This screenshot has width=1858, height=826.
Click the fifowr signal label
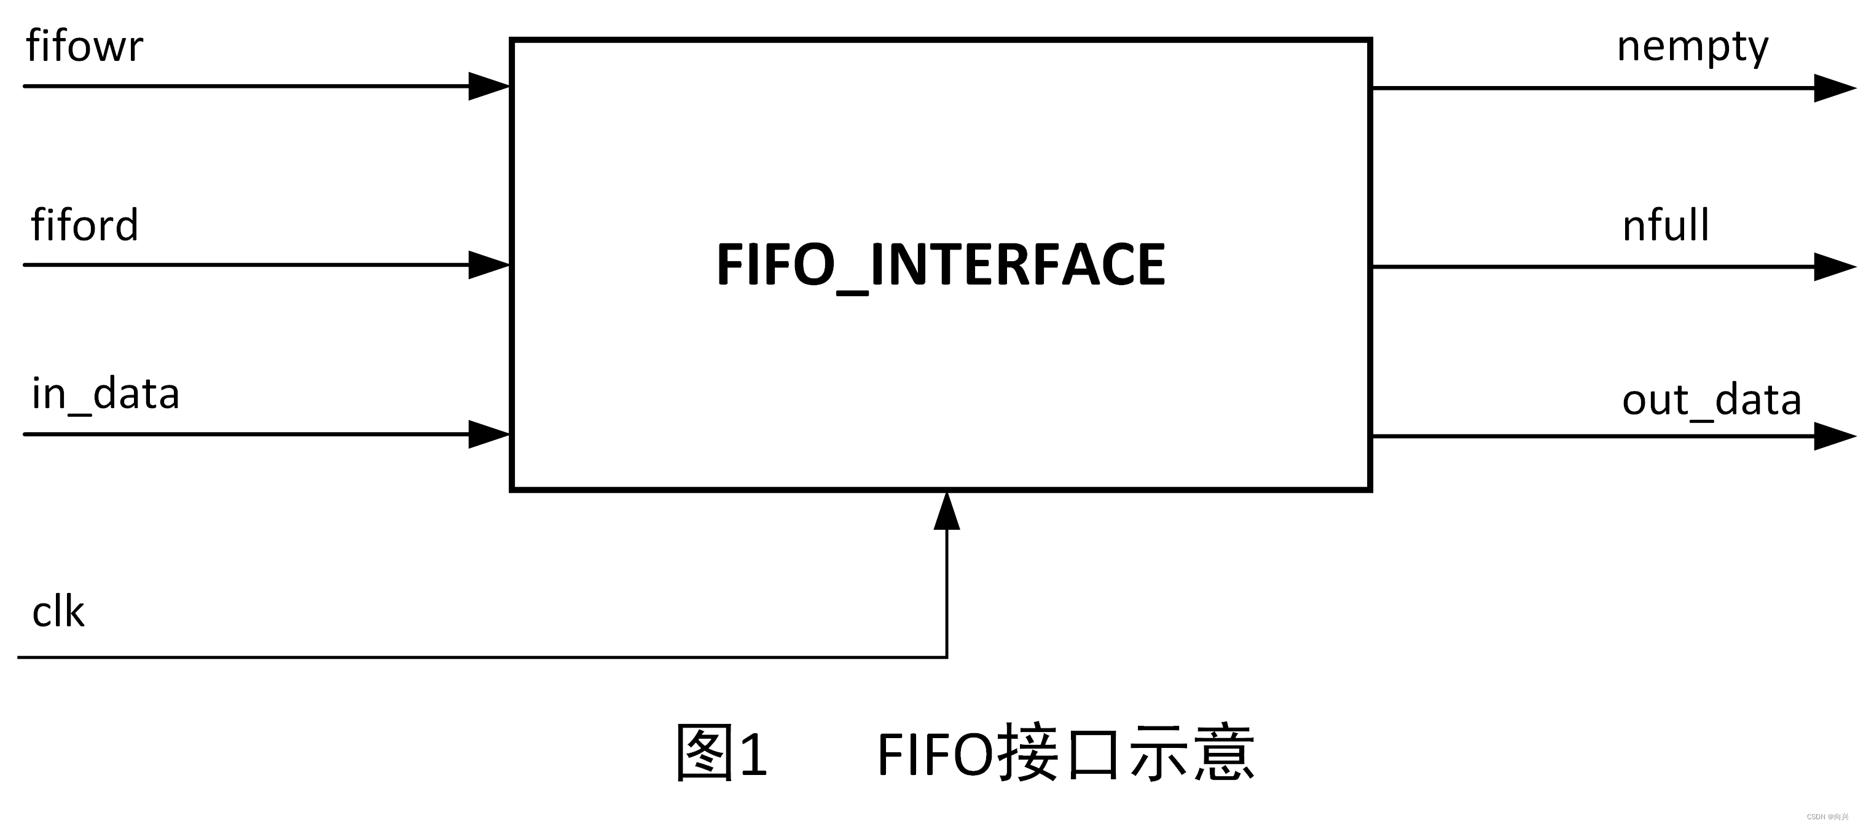point(84,46)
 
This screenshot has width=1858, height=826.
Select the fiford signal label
point(84,225)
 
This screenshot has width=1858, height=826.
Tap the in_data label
point(105,395)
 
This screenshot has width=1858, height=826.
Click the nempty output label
point(1692,47)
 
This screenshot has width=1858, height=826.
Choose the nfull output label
point(1666,225)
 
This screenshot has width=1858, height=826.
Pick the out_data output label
point(1712,399)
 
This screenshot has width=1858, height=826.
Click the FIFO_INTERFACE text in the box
point(940,265)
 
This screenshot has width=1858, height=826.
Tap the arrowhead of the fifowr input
point(489,87)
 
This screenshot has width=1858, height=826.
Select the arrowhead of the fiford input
point(489,265)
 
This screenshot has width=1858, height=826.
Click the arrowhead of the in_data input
point(489,435)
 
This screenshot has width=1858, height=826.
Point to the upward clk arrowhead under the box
point(946,512)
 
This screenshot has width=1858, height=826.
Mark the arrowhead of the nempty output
point(1833,88)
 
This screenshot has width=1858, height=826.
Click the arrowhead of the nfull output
point(1833,267)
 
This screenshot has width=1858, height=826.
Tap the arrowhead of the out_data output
point(1833,436)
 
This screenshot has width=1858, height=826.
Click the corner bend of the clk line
point(946,656)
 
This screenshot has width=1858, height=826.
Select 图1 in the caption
point(721,753)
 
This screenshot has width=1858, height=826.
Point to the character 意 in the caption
point(1224,753)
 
